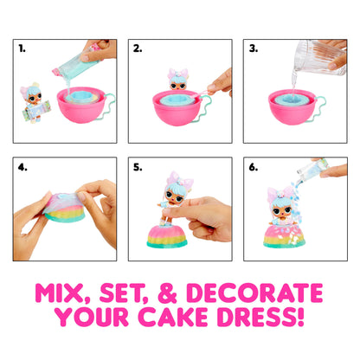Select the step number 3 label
coord(252,49)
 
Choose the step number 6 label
coord(252,163)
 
